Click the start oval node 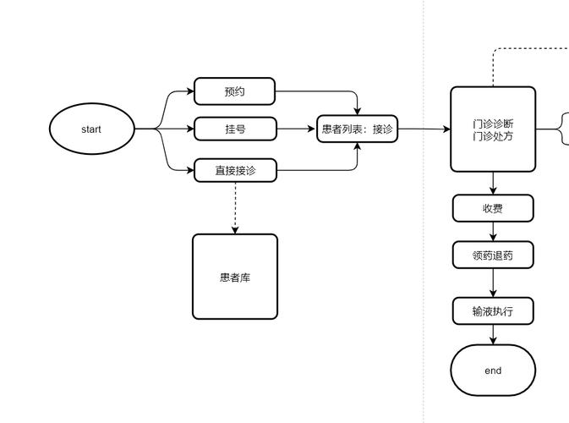coord(91,129)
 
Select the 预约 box coord(235,91)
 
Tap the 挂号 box coord(235,129)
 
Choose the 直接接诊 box coord(235,170)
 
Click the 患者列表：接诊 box coord(357,129)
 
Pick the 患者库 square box coord(235,277)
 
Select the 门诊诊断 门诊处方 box coord(493,129)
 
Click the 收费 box coord(493,208)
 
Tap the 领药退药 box coord(493,255)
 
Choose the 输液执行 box coord(493,310)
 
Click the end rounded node coord(493,371)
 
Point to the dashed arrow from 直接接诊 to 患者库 coord(235,208)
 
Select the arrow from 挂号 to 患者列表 coord(297,129)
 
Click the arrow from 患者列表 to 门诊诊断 coord(424,129)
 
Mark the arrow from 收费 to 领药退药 coord(493,232)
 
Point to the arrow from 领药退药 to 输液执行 coord(493,283)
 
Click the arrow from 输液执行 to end coord(493,335)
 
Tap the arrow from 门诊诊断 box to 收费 coord(493,183)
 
